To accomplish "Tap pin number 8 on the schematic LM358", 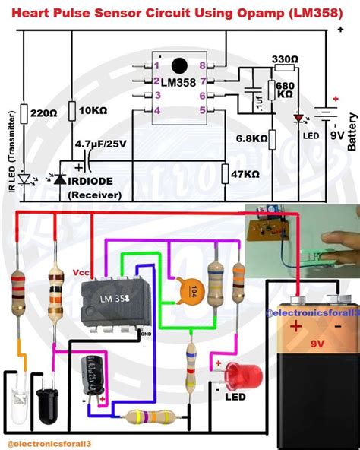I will point(202,67).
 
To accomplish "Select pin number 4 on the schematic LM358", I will point(156,110).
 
